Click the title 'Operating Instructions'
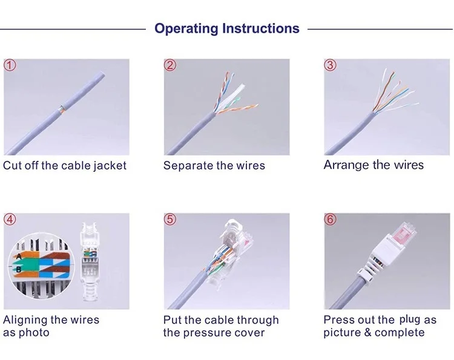tap(227, 28)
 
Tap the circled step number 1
tap(10, 66)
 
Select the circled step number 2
tap(170, 66)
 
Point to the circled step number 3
tap(330, 66)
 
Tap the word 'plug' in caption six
tap(409, 319)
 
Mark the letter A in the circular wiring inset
tap(19, 256)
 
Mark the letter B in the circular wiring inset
tap(19, 268)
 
